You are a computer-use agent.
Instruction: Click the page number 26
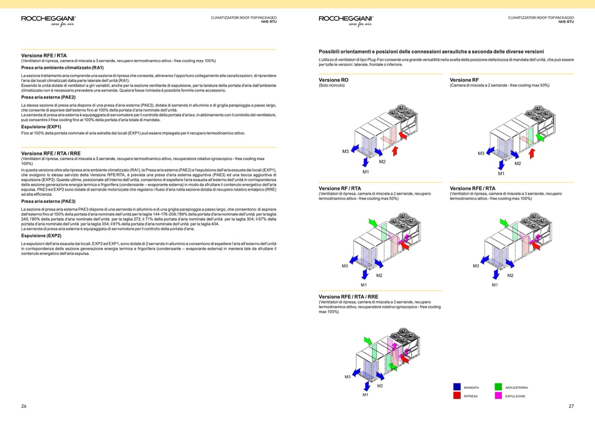(24, 406)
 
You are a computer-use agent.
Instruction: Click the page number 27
(571, 406)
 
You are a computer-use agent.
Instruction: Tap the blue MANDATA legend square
(457, 387)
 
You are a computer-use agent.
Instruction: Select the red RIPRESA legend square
(457, 396)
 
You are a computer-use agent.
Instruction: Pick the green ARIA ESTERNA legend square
(498, 387)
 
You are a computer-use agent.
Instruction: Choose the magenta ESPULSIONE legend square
(498, 396)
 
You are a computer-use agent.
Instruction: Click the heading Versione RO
(333, 80)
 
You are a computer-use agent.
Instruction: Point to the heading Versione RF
(464, 80)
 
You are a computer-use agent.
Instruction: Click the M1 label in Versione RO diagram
(366, 172)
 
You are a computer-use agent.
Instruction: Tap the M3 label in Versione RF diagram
(481, 153)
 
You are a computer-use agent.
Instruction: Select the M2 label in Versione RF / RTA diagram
(379, 275)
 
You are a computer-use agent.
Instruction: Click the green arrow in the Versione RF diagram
(540, 137)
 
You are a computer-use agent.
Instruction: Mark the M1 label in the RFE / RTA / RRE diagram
(365, 395)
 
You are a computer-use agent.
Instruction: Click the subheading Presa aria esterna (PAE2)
(48, 97)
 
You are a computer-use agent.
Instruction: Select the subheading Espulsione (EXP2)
(41, 236)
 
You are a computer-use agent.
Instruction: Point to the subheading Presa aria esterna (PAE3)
(48, 202)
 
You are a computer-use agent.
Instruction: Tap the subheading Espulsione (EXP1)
(41, 127)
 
